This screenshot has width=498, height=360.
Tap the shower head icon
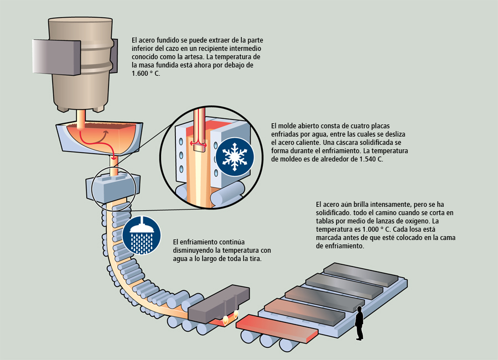pos(142,235)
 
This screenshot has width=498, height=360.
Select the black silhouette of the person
pos(360,322)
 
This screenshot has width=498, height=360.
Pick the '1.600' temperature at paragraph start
pos(141,73)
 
